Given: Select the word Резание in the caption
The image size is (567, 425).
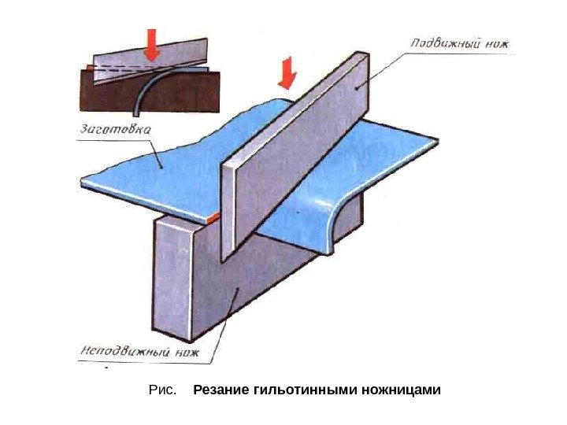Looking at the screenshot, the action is (220, 390).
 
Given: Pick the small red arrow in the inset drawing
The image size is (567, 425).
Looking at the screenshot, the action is (152, 49).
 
